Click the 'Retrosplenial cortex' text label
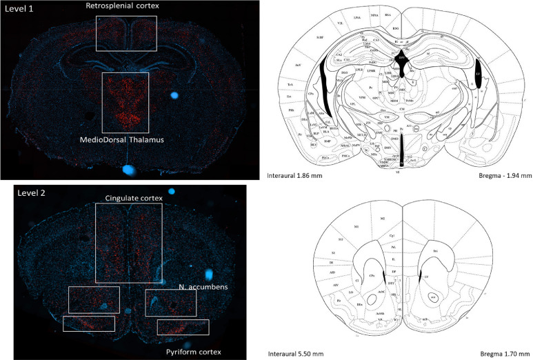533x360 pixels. tap(122, 6)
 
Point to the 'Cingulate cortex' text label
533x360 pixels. tap(133, 199)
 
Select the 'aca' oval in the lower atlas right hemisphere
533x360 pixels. tap(434, 297)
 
